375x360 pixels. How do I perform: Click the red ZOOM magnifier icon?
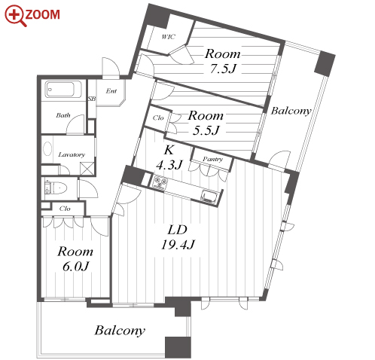(16, 16)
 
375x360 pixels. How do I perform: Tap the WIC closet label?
(168, 37)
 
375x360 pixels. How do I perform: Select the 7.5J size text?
(223, 69)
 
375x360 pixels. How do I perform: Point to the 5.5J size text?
(206, 130)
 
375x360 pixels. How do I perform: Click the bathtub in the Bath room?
(63, 90)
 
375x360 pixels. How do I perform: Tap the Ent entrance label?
(111, 90)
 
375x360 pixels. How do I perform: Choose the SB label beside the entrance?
(92, 99)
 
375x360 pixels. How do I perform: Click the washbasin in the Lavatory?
(47, 148)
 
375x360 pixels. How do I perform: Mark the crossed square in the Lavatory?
(87, 168)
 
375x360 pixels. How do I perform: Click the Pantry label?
(213, 159)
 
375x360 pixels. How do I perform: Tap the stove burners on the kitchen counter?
(160, 182)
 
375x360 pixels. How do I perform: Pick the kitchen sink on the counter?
(209, 196)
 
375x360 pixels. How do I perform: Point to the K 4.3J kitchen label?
(169, 157)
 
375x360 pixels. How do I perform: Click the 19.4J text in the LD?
(178, 245)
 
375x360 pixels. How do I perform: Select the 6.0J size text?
(75, 267)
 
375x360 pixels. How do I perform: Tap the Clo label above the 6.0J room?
(65, 209)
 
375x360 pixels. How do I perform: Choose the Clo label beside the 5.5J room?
(158, 117)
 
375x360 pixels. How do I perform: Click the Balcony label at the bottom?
(120, 331)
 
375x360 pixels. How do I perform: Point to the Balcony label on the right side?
(291, 111)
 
